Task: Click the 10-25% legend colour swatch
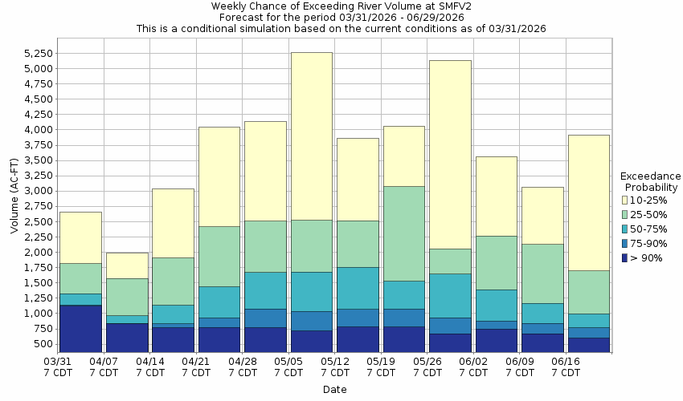coord(625,200)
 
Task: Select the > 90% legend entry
coord(647,258)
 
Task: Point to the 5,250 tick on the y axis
coord(38,54)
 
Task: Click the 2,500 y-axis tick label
coord(38,222)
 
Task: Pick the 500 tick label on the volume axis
coord(44,345)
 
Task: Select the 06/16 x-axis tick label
coord(566,362)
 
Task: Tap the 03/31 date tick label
coord(58,362)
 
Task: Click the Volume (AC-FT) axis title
coord(14,207)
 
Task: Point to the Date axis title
coord(334,390)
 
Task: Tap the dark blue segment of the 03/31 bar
coord(80,328)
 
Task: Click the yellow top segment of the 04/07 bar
coord(127,265)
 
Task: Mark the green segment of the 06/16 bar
coord(588,292)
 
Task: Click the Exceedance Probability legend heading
coord(650,181)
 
